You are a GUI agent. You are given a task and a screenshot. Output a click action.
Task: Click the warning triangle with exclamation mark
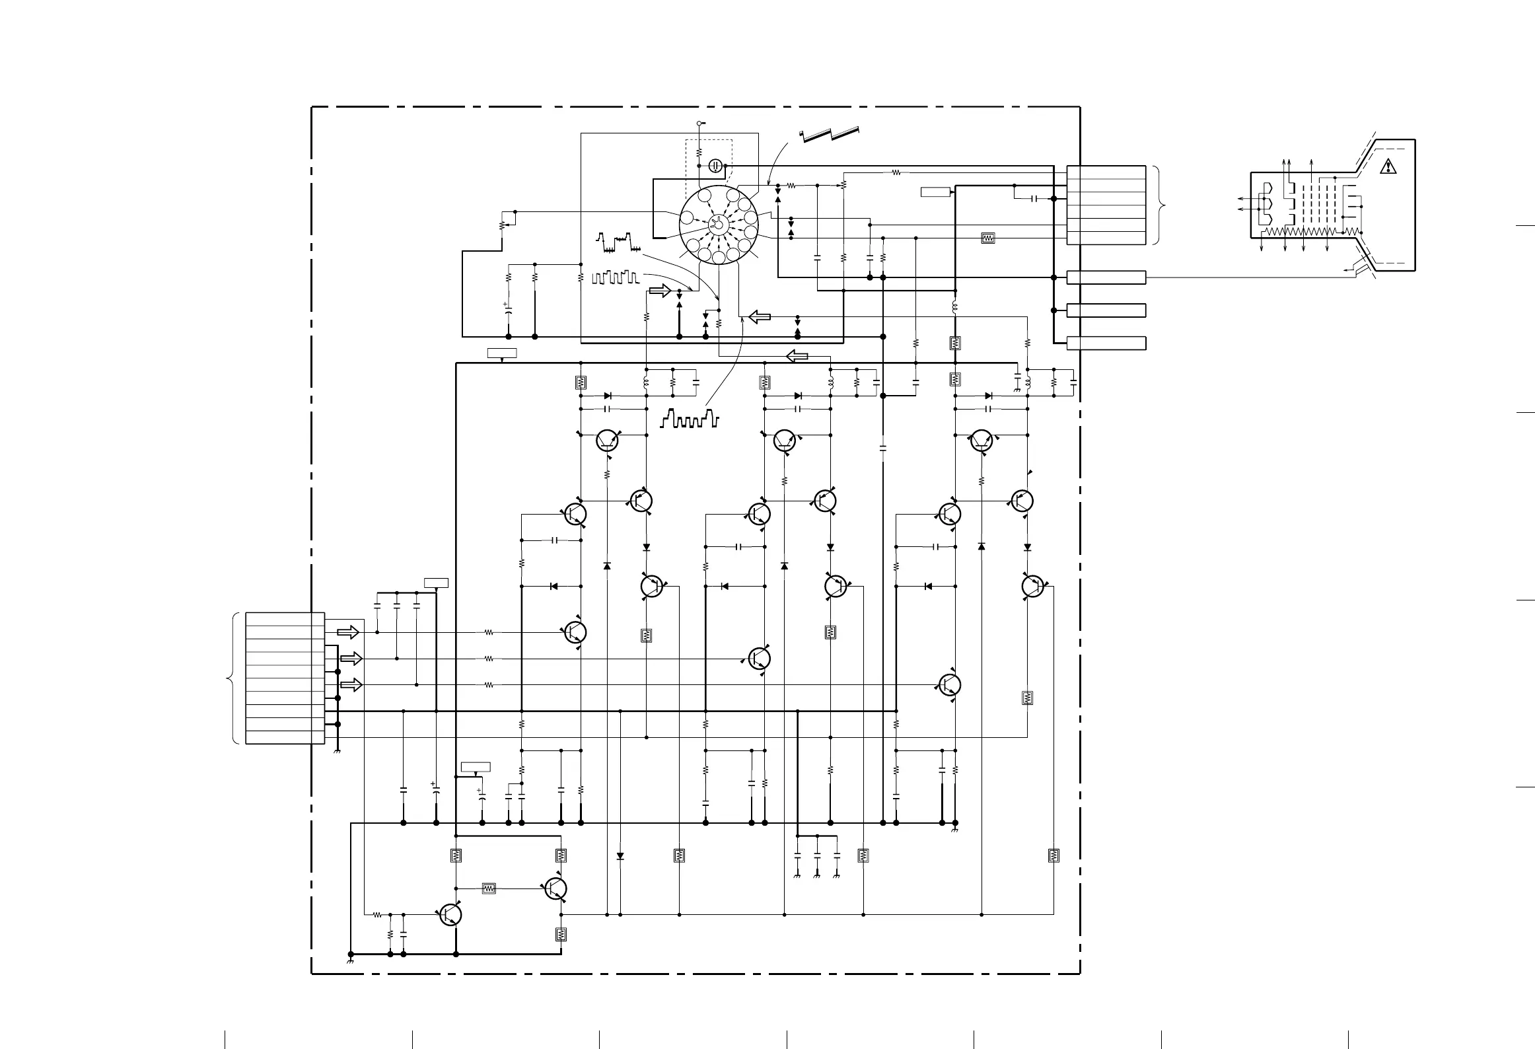pyautogui.click(x=1388, y=166)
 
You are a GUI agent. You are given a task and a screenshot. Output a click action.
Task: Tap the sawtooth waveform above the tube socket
pyautogui.click(x=829, y=133)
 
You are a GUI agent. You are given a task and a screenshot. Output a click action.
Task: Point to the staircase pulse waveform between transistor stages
pyautogui.click(x=689, y=418)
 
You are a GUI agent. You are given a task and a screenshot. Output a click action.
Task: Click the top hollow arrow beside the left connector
pyautogui.click(x=348, y=632)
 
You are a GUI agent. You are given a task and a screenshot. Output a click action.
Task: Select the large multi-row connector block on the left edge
pyautogui.click(x=285, y=678)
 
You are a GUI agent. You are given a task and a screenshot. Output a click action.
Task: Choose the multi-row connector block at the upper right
pyautogui.click(x=1106, y=205)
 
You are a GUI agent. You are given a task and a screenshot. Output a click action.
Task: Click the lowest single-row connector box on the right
pyautogui.click(x=1106, y=343)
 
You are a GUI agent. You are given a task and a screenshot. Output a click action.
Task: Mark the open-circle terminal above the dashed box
pyautogui.click(x=699, y=124)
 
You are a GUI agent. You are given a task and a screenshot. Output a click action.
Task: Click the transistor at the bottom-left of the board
pyautogui.click(x=450, y=914)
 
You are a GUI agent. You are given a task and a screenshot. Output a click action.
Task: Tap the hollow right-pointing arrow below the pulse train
pyautogui.click(x=660, y=291)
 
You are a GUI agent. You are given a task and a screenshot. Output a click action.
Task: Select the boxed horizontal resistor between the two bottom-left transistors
pyautogui.click(x=489, y=888)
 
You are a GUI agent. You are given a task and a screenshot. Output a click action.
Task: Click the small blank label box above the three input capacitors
pyautogui.click(x=436, y=583)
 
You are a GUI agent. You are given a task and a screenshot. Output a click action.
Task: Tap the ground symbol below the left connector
pyautogui.click(x=338, y=752)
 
